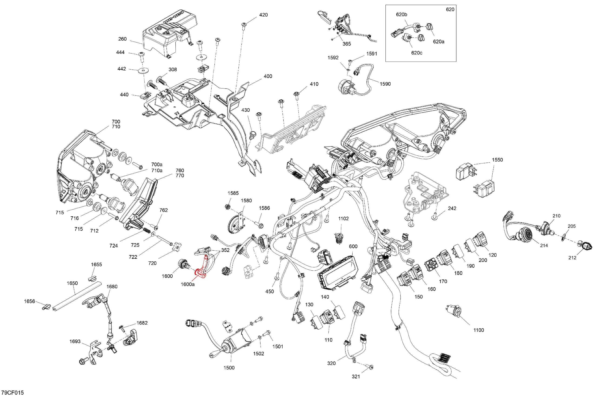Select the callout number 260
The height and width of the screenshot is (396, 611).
coord(123,39)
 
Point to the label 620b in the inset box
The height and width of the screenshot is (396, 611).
coord(401,15)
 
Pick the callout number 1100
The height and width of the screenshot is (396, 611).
coord(478,330)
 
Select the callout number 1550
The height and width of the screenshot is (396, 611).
coord(497,160)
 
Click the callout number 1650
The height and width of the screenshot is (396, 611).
coord(72,283)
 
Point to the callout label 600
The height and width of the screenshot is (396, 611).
coord(353,246)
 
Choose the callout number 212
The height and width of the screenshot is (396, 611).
coord(572,258)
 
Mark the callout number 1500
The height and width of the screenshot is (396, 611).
coord(229,368)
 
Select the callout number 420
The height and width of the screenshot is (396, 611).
coord(263,15)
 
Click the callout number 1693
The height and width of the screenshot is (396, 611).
coord(75,341)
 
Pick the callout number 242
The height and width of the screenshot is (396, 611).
coord(452,208)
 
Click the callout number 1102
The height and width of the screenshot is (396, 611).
coord(343,218)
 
